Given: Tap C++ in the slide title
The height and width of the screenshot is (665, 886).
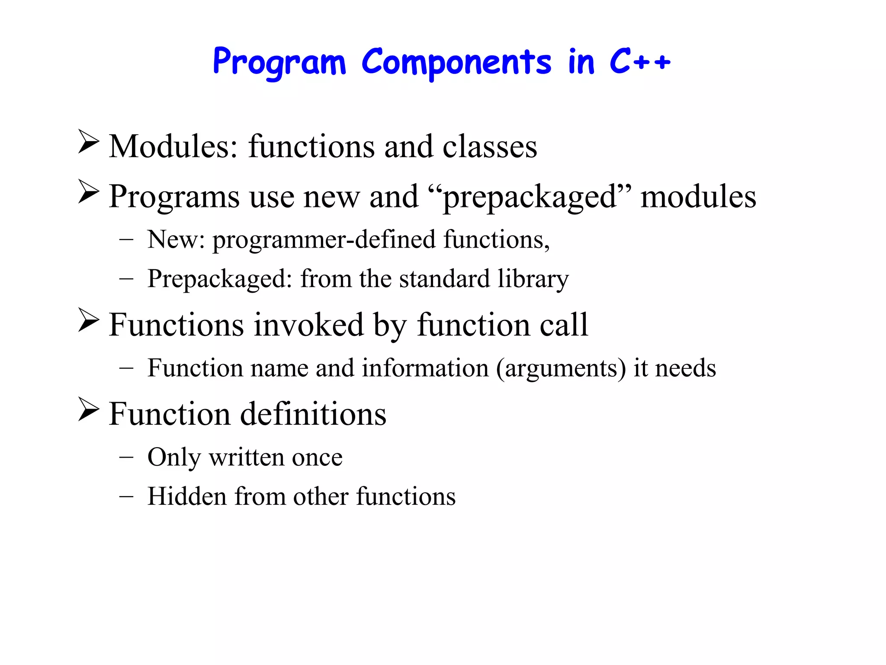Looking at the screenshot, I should point(639,61).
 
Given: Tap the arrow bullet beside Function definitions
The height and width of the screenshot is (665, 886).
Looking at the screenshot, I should point(89,409).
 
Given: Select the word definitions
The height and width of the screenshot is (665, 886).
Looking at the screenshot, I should point(313,414).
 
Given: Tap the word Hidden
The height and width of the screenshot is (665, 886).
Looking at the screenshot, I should point(187,496).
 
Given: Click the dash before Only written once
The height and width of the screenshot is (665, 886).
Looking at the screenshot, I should point(126,457).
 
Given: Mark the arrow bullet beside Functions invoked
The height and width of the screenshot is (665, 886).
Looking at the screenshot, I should point(89,320).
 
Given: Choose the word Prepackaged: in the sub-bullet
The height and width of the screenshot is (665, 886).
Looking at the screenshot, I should point(220,279).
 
